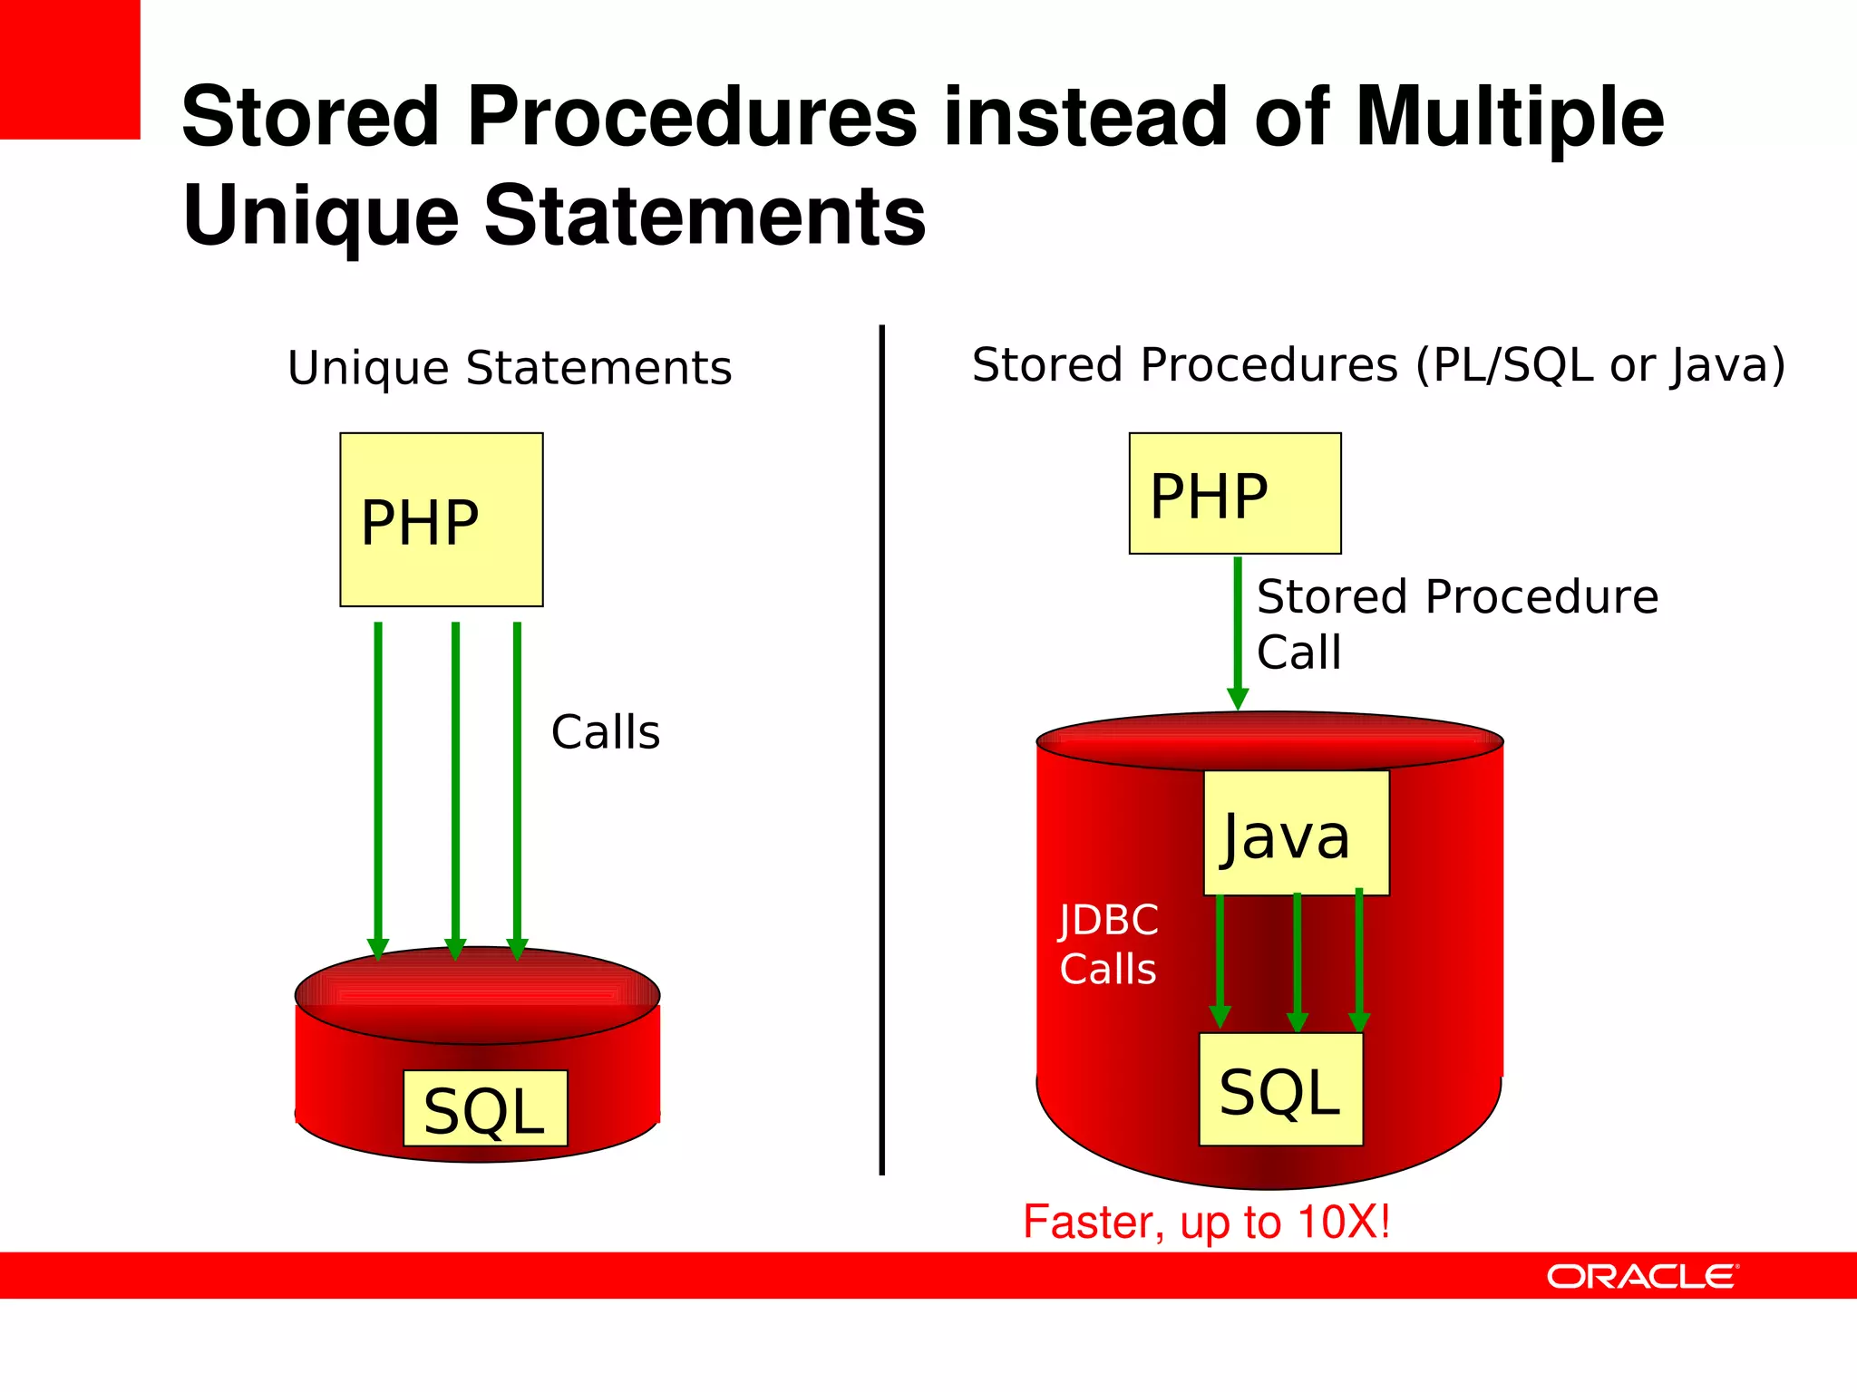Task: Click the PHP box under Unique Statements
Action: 441,519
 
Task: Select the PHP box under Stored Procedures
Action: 1234,493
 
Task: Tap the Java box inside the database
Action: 1296,833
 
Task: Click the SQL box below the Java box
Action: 1280,1089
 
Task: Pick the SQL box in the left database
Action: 485,1108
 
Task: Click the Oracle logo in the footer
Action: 1641,1276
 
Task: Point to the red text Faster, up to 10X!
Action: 1206,1222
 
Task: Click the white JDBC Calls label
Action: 1108,944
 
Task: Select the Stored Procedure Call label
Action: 1456,623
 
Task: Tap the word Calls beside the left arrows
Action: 606,732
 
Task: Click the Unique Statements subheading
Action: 510,368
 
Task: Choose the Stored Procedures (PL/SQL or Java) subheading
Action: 1378,365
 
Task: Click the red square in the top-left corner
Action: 70,69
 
